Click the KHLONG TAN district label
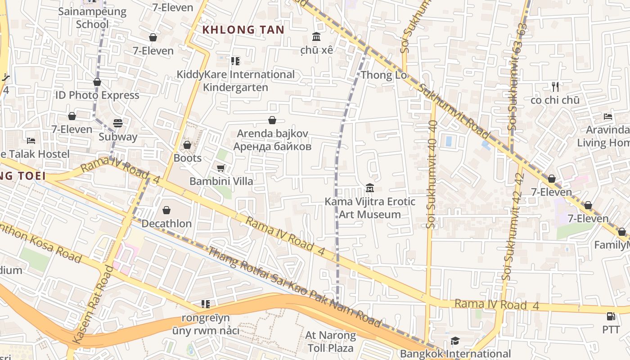point(243,30)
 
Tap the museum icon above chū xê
point(316,36)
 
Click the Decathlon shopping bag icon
point(166,210)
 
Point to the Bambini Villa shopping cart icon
point(220,168)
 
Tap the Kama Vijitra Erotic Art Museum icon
point(370,188)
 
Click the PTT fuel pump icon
point(611,316)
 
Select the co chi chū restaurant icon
point(555,86)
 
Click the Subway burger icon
point(118,123)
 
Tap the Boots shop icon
point(187,145)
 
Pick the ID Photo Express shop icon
point(97,82)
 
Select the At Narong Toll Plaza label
point(330,342)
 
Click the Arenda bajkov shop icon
point(272,120)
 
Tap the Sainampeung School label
point(92,18)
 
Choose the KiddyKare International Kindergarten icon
point(234,61)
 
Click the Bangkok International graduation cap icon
point(455,341)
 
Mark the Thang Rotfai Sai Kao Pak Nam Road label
point(295,287)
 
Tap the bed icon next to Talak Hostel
point(31,141)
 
